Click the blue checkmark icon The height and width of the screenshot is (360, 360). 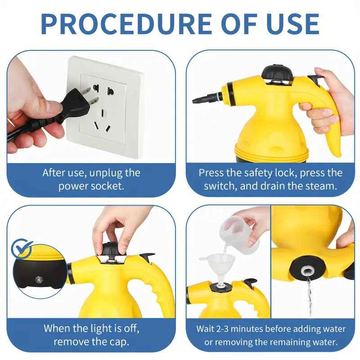[x=22, y=247]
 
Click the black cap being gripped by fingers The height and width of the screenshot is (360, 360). [x=110, y=248]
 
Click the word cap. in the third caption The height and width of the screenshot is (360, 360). [x=116, y=341]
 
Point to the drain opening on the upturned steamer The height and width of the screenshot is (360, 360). [x=308, y=270]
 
